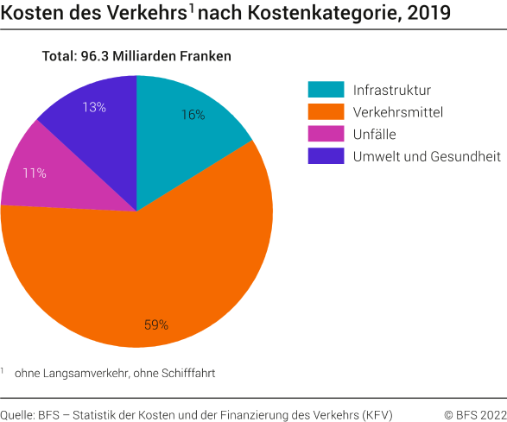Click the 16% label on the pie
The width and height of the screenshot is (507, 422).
click(193, 115)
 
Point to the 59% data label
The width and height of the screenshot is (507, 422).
click(156, 325)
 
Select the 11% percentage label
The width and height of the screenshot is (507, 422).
click(35, 173)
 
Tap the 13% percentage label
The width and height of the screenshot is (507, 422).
click(94, 107)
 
